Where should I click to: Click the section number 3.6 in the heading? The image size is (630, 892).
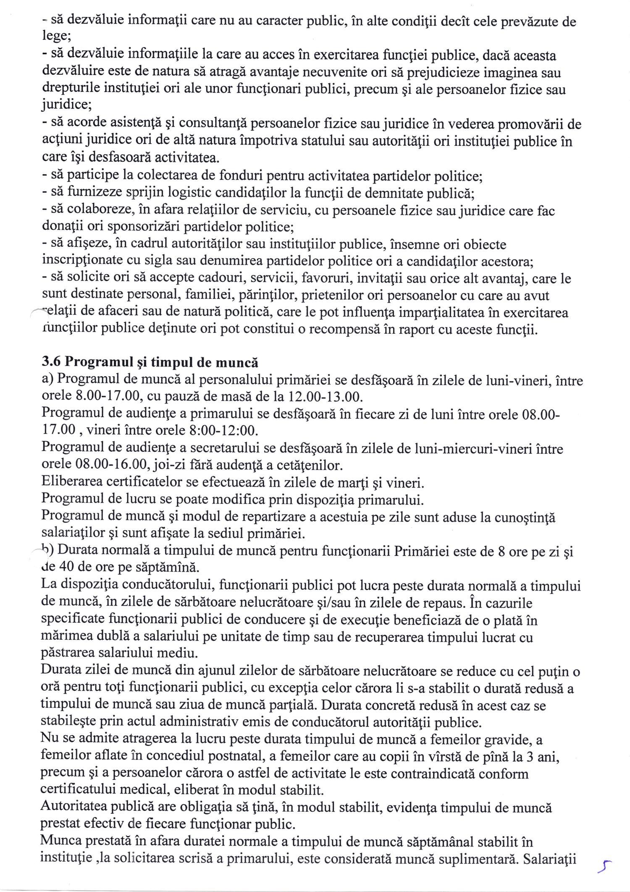pos(51,362)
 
